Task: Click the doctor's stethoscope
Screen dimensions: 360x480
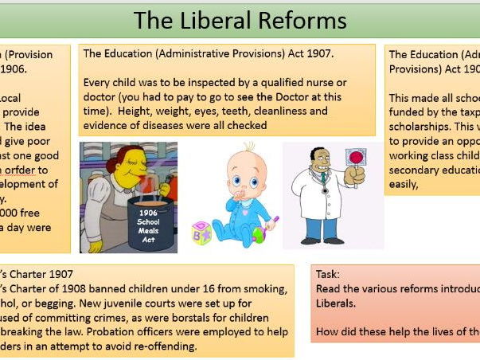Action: [324, 185]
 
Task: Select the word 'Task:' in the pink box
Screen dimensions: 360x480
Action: [330, 273]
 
